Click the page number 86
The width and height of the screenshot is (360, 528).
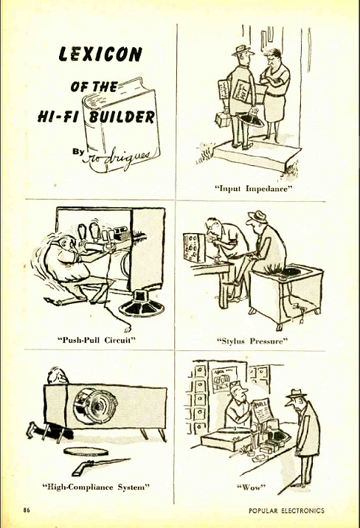click(27, 510)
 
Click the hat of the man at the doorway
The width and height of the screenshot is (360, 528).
click(240, 50)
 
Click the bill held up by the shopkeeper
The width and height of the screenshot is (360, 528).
click(263, 413)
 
